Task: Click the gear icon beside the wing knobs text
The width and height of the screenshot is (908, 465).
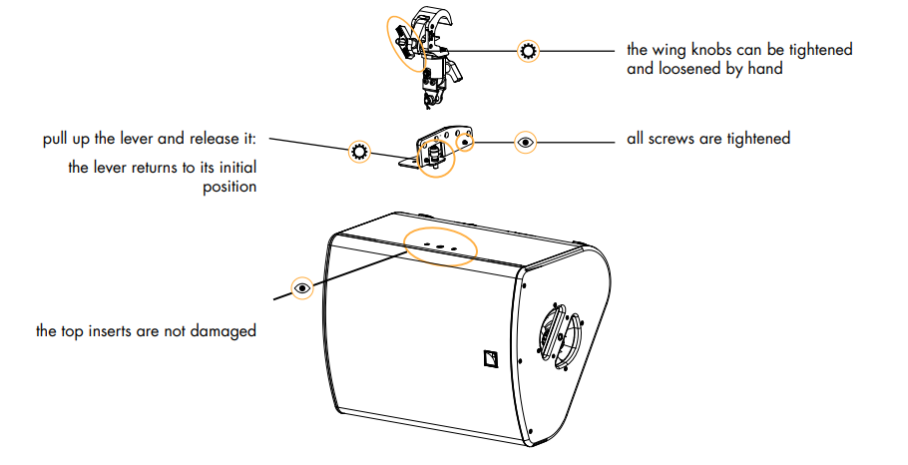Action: (528, 51)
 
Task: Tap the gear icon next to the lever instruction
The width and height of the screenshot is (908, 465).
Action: (359, 153)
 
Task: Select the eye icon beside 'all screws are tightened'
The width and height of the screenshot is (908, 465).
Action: (527, 142)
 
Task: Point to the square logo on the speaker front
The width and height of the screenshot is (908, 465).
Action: (488, 357)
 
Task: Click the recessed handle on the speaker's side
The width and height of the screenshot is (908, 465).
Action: (561, 330)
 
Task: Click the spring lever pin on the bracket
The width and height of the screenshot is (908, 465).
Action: (435, 155)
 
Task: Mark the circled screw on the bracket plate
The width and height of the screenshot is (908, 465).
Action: (464, 142)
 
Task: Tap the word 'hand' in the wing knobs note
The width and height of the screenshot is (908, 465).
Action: (763, 69)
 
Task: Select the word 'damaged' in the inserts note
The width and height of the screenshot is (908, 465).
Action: (226, 330)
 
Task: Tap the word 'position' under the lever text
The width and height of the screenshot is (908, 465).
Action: (227, 187)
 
